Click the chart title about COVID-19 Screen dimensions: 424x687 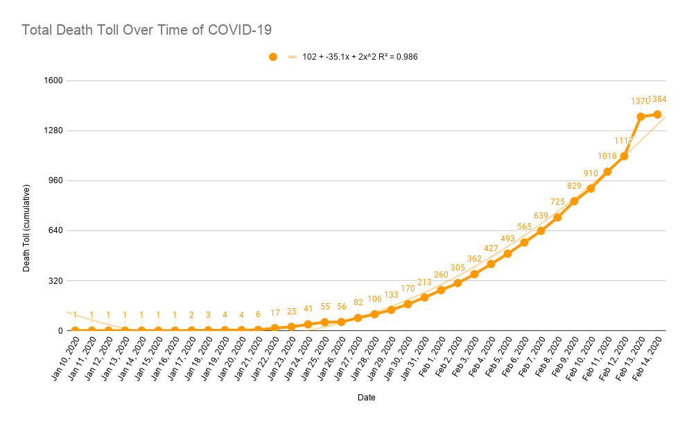tap(146, 30)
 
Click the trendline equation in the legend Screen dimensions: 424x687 tap(360, 57)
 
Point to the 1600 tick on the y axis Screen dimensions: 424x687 tap(54, 80)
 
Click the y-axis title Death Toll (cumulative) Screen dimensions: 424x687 tap(27, 228)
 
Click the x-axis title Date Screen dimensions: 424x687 tap(367, 398)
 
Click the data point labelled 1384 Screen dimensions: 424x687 tap(657, 115)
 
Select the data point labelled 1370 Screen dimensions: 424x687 tap(641, 117)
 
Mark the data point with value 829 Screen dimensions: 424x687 tap(574, 201)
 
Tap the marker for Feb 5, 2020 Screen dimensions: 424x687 tap(507, 254)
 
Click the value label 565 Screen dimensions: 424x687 tap(524, 227)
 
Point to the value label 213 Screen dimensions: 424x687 tap(424, 282)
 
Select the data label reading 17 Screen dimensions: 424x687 tap(275, 313)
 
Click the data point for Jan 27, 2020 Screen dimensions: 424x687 tap(358, 318)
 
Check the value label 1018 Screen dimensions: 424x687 tap(607, 156)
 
